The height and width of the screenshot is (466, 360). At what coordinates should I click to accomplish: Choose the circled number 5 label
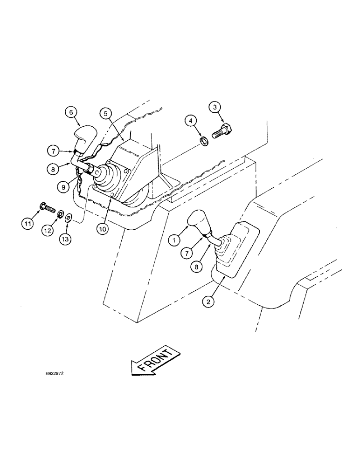coord(106,113)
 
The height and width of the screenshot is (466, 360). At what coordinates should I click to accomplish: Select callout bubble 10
coord(104,229)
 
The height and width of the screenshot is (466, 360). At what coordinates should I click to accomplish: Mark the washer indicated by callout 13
coord(68,217)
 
